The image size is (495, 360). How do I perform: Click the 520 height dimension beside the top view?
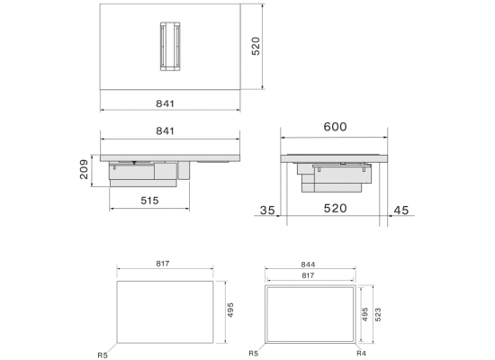[256, 46]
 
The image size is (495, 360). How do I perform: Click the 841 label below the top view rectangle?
[165, 103]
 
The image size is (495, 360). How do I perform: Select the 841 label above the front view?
[165, 130]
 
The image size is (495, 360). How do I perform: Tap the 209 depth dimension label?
[84, 169]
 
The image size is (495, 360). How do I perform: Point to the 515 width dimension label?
[149, 201]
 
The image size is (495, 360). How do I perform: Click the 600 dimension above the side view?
[336, 127]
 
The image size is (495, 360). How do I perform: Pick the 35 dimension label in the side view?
[267, 211]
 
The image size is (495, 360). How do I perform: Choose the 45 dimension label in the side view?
[401, 211]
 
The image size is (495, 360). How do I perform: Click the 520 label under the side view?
[336, 209]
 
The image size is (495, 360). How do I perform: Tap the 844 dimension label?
[308, 265]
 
